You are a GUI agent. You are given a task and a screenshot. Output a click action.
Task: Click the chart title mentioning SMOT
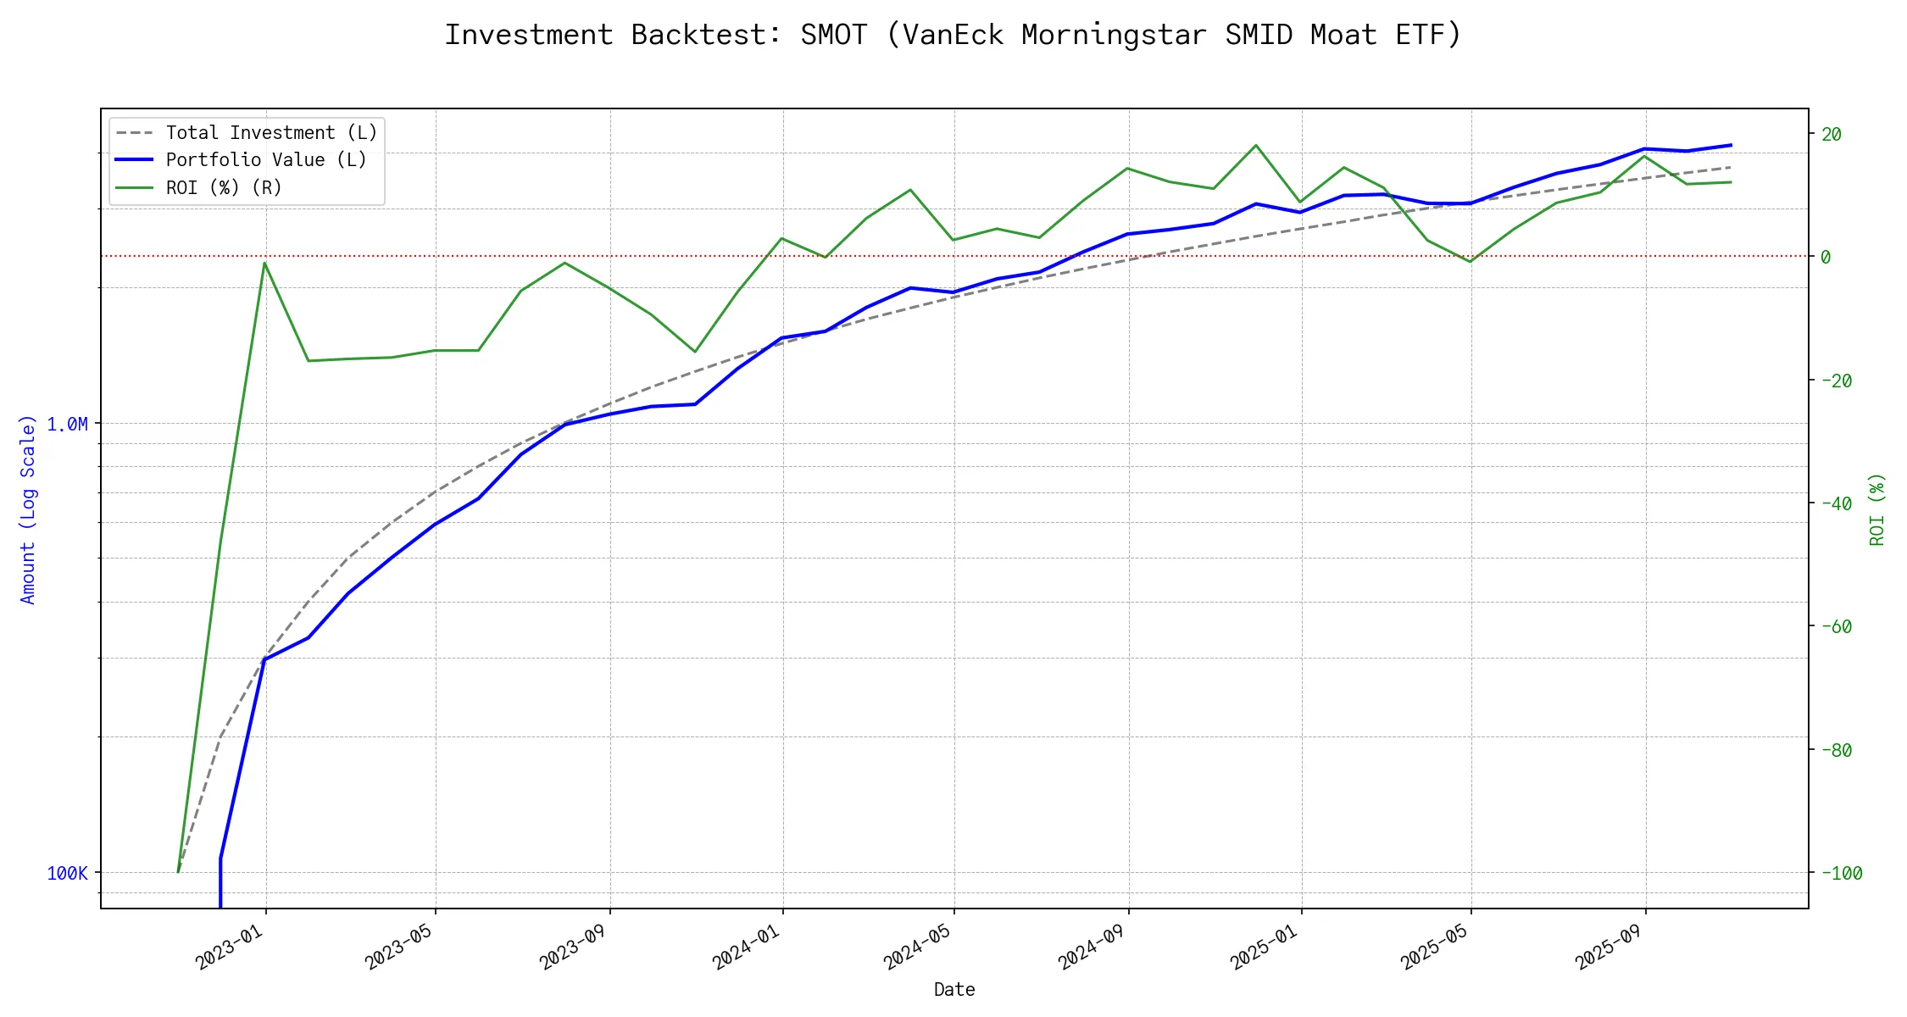953,35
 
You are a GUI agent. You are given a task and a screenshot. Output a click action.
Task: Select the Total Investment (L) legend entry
271,133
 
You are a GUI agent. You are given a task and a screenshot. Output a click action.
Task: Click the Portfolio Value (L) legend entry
266,160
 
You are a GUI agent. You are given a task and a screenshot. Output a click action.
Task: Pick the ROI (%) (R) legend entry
224,187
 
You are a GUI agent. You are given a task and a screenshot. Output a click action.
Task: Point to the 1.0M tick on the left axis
67,424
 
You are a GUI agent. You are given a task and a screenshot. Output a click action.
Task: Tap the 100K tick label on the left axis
67,873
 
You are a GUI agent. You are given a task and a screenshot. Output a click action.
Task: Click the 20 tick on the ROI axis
1831,134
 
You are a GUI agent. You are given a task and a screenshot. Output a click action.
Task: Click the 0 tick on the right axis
1826,257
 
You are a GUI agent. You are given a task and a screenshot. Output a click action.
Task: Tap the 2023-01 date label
229,947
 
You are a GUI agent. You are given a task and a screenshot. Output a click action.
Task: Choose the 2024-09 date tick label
1091,947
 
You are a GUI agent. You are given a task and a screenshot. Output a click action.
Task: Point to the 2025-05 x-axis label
1433,947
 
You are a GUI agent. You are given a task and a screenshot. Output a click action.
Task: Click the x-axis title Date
954,990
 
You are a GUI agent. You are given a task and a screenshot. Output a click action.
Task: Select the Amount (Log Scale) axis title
28,508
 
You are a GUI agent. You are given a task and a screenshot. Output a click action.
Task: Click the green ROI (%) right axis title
1876,508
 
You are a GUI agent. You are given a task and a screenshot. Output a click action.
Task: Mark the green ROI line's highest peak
1256,145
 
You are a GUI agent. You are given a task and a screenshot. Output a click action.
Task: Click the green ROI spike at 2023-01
264,263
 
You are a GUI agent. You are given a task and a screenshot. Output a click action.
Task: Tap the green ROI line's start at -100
178,872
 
